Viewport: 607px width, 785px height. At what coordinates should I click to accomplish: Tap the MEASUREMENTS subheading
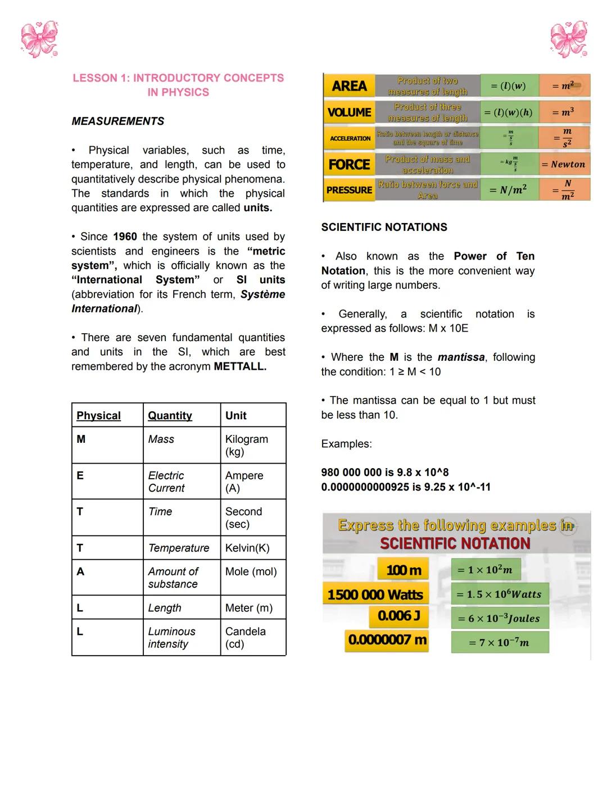[x=117, y=121]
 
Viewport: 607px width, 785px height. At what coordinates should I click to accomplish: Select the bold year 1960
[x=125, y=237]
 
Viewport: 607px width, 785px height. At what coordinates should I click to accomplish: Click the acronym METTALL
[x=240, y=366]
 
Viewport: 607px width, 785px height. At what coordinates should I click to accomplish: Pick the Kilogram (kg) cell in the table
[x=246, y=445]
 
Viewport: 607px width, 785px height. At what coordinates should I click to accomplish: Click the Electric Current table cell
[x=166, y=482]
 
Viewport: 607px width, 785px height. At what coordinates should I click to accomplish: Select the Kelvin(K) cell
[x=247, y=548]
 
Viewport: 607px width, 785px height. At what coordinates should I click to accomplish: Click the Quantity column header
[x=170, y=416]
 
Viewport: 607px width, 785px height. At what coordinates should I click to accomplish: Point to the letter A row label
[x=80, y=571]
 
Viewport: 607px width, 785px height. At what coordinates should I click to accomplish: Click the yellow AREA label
[x=349, y=86]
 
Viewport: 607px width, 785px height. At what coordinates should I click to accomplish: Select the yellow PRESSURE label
[x=349, y=190]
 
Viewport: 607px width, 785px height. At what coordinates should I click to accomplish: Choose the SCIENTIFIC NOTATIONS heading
[x=384, y=227]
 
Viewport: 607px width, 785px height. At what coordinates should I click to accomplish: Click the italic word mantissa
[x=461, y=357]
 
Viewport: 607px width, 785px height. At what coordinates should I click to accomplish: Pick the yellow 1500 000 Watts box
[x=375, y=595]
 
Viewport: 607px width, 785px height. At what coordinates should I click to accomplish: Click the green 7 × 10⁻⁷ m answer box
[x=500, y=642]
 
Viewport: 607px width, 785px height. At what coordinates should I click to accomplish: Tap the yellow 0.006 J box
[x=399, y=616]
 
